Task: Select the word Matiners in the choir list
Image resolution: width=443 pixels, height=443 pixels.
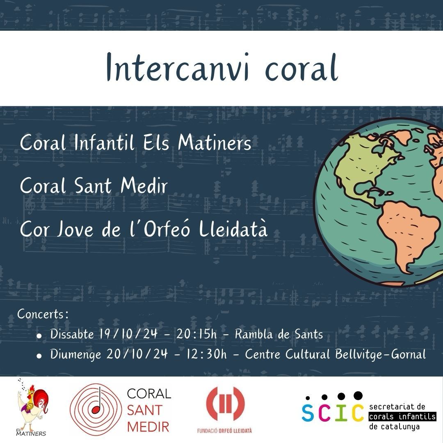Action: (x=215, y=143)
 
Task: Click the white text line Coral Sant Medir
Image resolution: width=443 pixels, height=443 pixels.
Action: (x=94, y=186)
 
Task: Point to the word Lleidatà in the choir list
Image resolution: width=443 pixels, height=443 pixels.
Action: (x=233, y=229)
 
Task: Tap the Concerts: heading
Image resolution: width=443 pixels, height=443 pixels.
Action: (x=42, y=314)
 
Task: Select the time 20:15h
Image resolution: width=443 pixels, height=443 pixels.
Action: (x=196, y=334)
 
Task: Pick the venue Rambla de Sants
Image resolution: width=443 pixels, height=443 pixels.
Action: (x=279, y=334)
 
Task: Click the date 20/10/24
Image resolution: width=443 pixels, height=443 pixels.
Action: (x=137, y=354)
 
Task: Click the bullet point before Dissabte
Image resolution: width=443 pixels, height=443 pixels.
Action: (x=39, y=336)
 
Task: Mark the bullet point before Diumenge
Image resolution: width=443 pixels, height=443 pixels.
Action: (x=39, y=356)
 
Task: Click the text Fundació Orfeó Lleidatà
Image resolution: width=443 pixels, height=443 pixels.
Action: (x=225, y=431)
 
